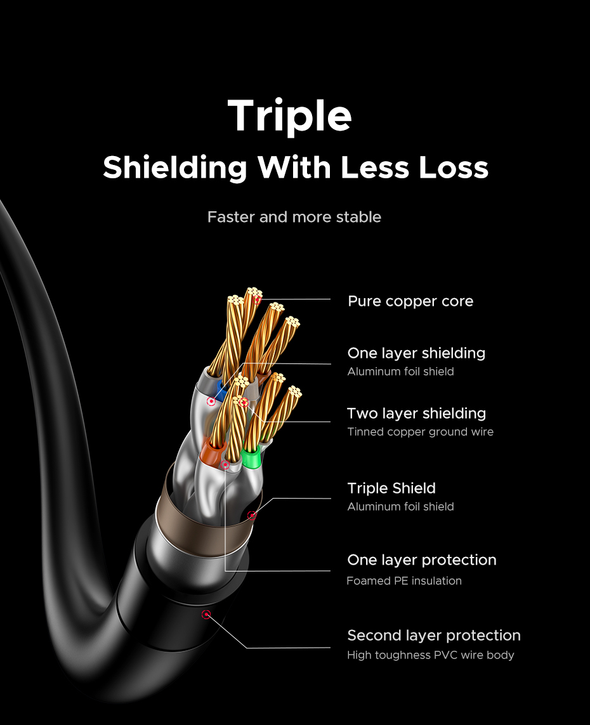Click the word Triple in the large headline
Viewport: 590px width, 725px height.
(x=289, y=116)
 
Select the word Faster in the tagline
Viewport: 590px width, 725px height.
(x=231, y=217)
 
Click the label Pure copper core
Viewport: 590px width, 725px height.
(x=410, y=301)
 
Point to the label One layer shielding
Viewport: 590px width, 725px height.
(x=416, y=353)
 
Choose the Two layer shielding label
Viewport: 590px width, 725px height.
(x=416, y=414)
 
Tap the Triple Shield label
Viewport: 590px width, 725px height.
(x=391, y=488)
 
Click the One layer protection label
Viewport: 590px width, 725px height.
(x=422, y=560)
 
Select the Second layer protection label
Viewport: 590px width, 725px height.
(x=434, y=635)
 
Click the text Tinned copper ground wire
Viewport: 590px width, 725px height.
(x=420, y=432)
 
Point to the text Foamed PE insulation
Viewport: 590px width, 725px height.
(x=404, y=580)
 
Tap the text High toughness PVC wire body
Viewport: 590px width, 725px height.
(x=431, y=655)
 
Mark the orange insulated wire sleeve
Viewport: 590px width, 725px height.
(x=209, y=452)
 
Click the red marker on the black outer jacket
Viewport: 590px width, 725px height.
(x=206, y=614)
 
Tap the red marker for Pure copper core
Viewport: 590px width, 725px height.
(x=257, y=299)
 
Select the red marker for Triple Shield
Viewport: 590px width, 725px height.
(x=252, y=515)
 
